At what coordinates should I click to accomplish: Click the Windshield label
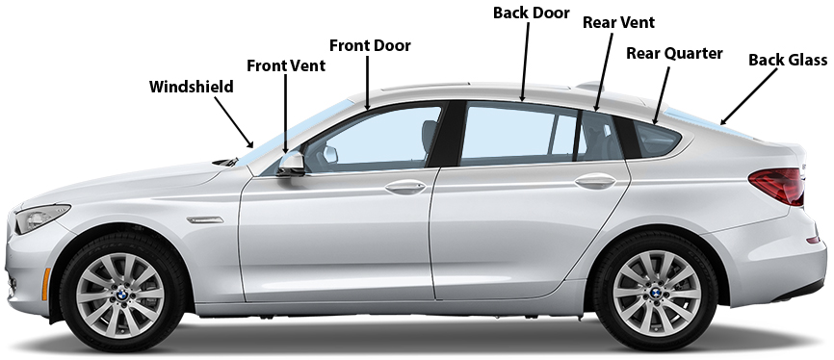[x=191, y=87]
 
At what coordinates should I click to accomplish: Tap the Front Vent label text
[x=286, y=66]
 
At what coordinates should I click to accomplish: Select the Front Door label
[x=370, y=46]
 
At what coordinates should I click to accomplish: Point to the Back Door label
[x=531, y=13]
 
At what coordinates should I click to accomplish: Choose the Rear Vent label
[x=618, y=23]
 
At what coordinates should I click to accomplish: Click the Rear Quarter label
[x=674, y=54]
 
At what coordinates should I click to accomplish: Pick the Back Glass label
[x=787, y=60]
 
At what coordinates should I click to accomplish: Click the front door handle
[x=405, y=187]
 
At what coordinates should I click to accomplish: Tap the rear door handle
[x=595, y=181]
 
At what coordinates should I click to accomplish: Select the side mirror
[x=291, y=164]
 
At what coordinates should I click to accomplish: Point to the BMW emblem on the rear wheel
[x=656, y=293]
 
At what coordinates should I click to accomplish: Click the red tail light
[x=777, y=186]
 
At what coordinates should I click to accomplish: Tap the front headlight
[x=41, y=217]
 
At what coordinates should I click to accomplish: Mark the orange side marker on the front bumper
[x=45, y=284]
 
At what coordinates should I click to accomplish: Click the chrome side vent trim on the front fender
[x=205, y=219]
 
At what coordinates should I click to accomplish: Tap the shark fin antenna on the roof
[x=590, y=86]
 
